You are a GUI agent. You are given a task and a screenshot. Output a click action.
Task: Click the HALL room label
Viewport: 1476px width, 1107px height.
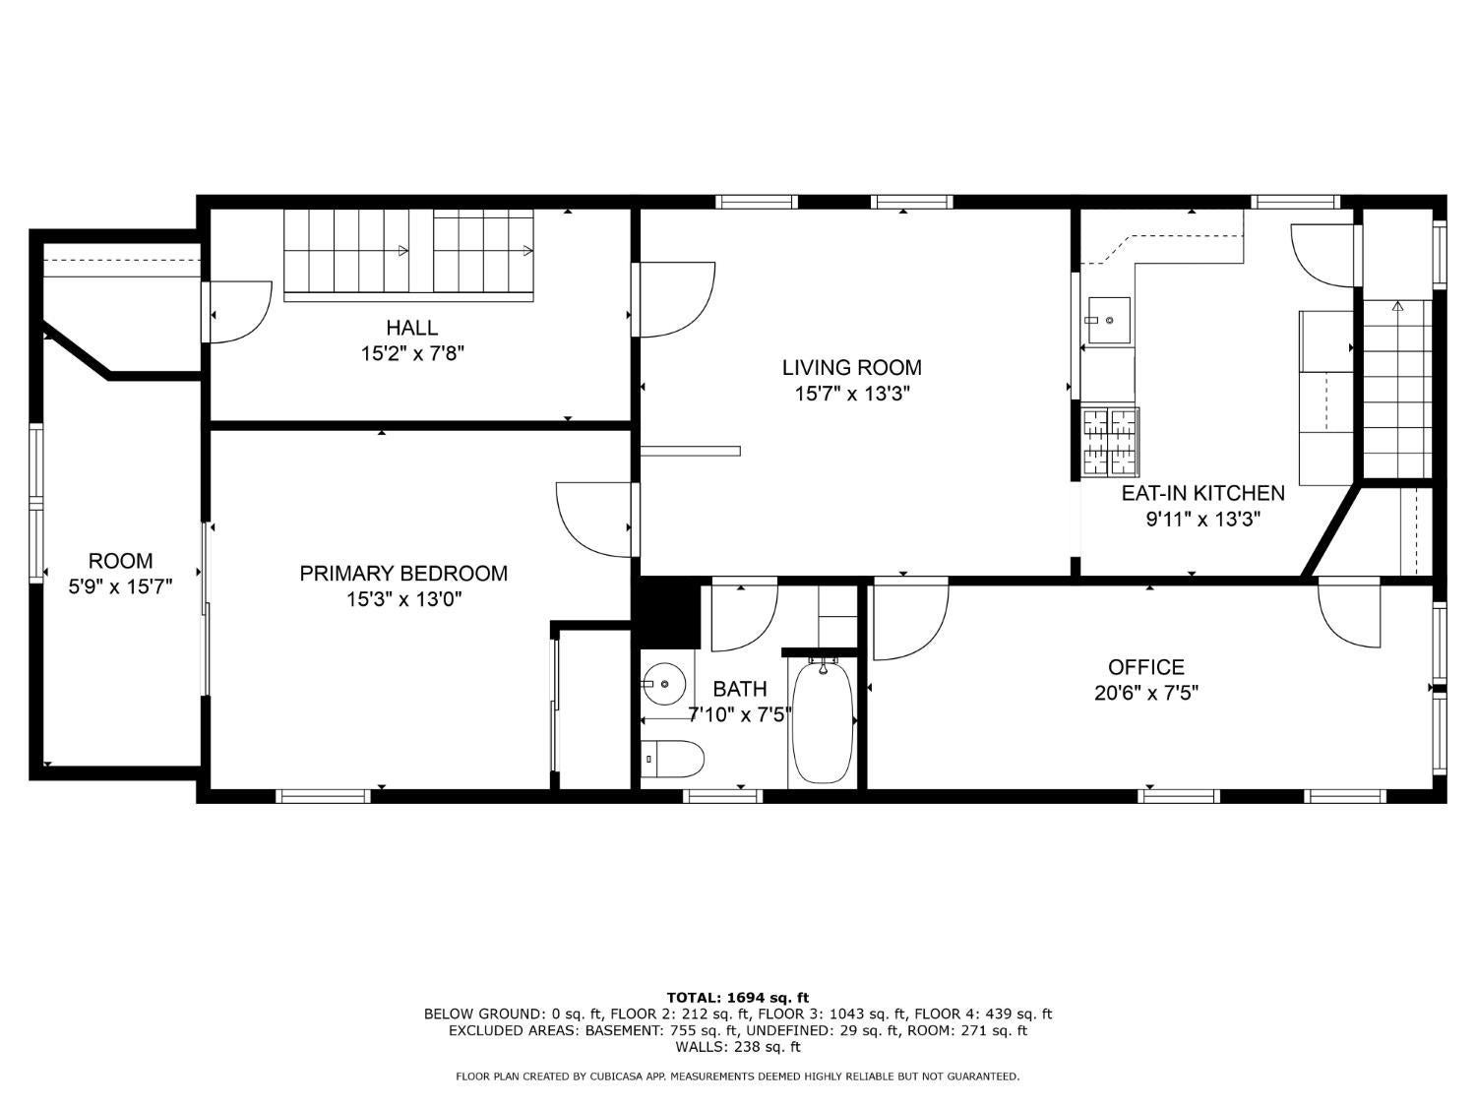pos(411,328)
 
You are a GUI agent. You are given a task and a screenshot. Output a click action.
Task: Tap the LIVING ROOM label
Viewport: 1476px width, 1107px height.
pos(851,368)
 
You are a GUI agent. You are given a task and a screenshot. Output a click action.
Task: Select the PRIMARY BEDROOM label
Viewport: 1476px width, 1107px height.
pos(403,574)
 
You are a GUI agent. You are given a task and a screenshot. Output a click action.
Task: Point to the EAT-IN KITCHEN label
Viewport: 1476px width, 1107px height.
pos(1202,493)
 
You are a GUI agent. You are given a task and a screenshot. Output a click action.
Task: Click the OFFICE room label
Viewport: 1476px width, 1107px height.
pos(1145,667)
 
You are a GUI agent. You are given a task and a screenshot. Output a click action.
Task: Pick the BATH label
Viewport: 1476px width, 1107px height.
pos(739,689)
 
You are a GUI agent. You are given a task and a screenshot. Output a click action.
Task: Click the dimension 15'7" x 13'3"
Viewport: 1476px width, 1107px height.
pos(851,395)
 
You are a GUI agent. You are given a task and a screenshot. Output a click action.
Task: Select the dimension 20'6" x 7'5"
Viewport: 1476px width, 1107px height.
pos(1145,694)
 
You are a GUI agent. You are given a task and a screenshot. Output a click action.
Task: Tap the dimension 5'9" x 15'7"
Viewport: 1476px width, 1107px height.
pos(120,587)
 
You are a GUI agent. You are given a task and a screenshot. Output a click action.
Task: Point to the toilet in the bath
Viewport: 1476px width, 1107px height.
pos(673,759)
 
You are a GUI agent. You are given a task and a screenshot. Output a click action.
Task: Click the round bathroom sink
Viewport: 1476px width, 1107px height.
pos(664,682)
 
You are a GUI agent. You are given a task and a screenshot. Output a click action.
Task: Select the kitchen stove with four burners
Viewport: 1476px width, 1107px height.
pos(1110,442)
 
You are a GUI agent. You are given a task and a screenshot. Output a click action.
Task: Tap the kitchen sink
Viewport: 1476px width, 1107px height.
pos(1108,320)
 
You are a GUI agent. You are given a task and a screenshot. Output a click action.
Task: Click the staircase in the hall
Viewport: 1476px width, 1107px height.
pos(408,253)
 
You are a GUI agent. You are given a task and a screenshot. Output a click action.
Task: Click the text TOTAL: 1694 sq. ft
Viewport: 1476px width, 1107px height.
pos(737,998)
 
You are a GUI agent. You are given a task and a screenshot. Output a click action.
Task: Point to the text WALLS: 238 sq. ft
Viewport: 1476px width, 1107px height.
pos(737,1047)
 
